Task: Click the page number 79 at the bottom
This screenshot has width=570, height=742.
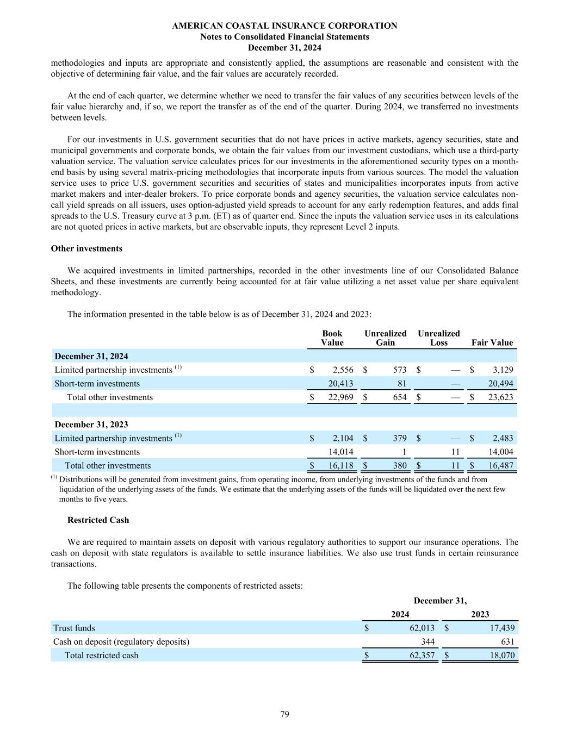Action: pyautogui.click(x=284, y=714)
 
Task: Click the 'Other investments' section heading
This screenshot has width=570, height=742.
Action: pyautogui.click(x=86, y=248)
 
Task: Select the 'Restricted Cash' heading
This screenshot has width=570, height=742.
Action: pyautogui.click(x=98, y=520)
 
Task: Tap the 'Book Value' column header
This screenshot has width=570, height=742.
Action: pyautogui.click(x=332, y=338)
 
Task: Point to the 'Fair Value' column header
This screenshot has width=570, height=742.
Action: pyautogui.click(x=492, y=342)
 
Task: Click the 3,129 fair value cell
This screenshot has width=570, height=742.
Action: pyautogui.click(x=503, y=370)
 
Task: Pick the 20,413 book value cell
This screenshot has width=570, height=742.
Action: pyautogui.click(x=341, y=383)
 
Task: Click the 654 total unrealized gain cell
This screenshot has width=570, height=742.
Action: pyautogui.click(x=399, y=397)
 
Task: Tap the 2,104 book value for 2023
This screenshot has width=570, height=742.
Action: pyautogui.click(x=343, y=438)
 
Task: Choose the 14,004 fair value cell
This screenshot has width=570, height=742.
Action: pyautogui.click(x=501, y=452)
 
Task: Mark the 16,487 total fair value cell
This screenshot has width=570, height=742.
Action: pyautogui.click(x=501, y=465)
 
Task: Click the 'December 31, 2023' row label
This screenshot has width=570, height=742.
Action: pyautogui.click(x=91, y=424)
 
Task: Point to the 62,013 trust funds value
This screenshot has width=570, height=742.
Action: pyautogui.click(x=422, y=628)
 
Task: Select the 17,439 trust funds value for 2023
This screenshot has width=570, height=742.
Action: pyautogui.click(x=502, y=628)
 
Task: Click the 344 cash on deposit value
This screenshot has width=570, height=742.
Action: pyautogui.click(x=428, y=641)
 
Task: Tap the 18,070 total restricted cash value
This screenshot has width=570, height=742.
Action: pyautogui.click(x=502, y=655)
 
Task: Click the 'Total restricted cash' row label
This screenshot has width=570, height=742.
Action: pyautogui.click(x=101, y=655)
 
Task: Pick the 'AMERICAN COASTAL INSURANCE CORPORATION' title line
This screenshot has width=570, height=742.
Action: pyautogui.click(x=284, y=26)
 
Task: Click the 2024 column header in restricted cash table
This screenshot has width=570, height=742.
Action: pyautogui.click(x=400, y=614)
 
